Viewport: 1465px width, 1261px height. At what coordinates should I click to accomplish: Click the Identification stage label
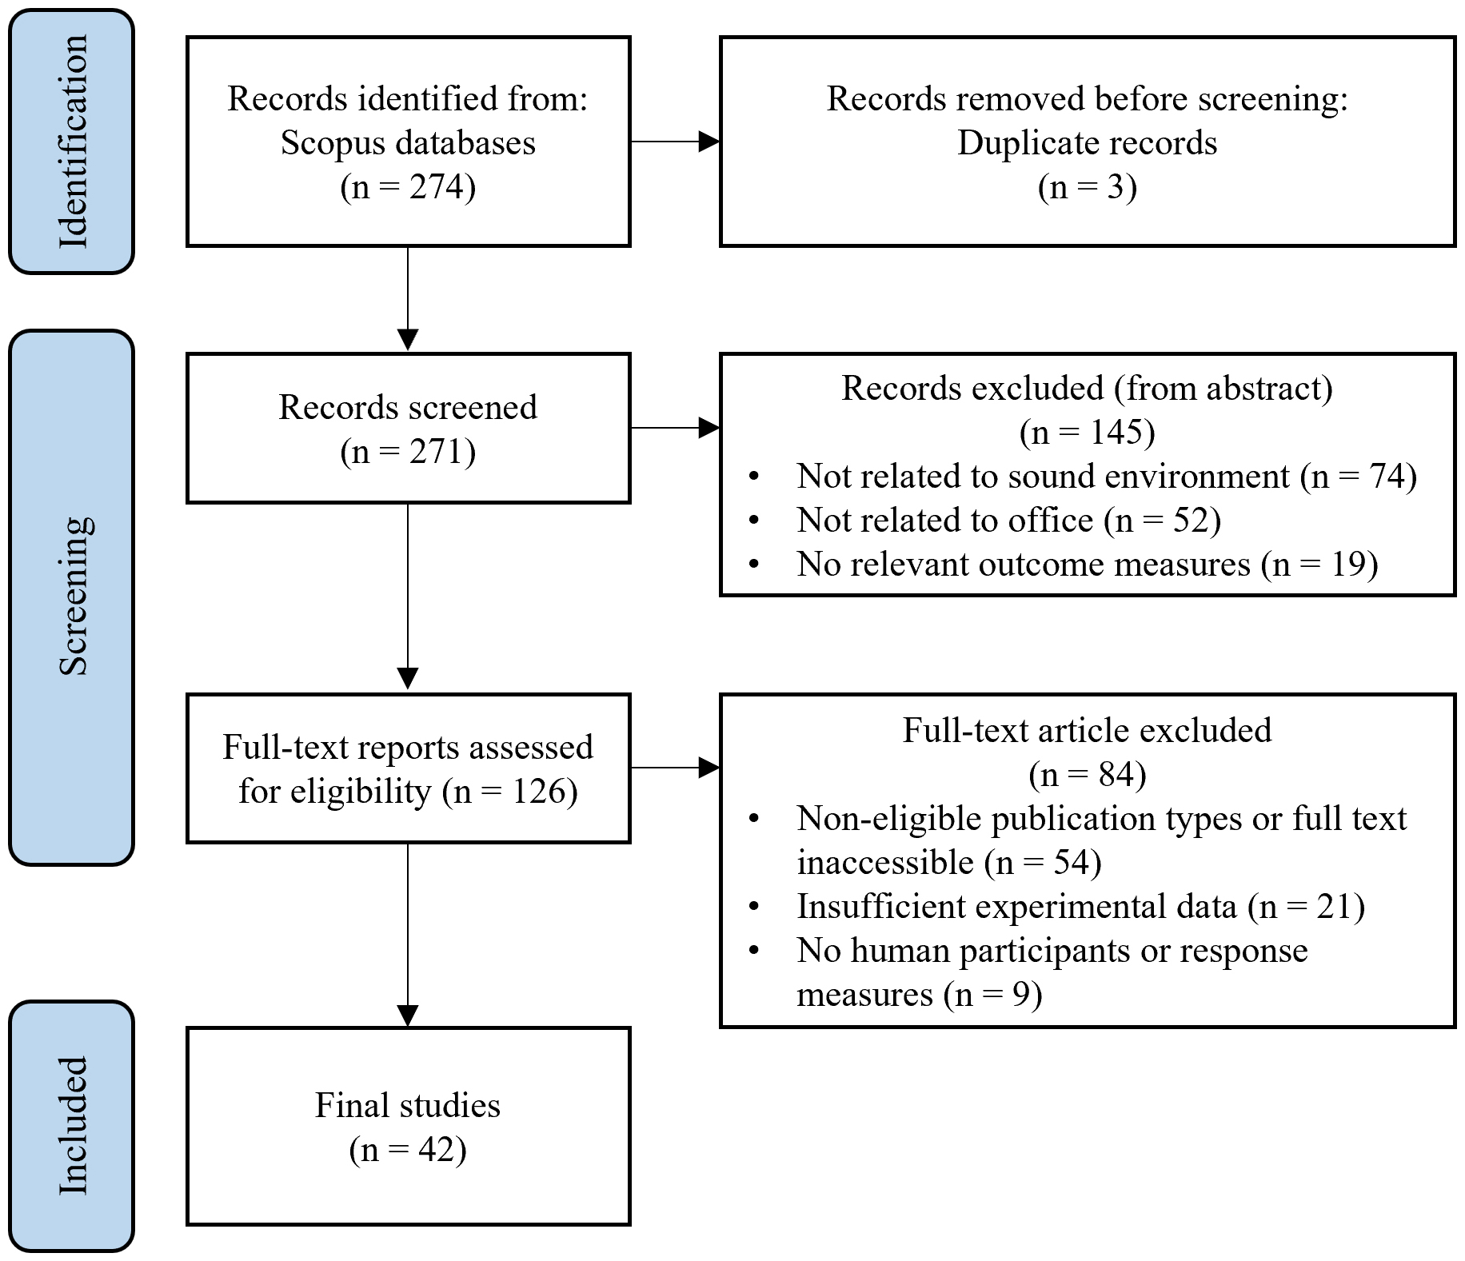(x=72, y=142)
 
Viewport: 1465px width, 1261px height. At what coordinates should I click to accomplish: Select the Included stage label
(x=72, y=1126)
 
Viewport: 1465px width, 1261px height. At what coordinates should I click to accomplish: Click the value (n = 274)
(x=408, y=187)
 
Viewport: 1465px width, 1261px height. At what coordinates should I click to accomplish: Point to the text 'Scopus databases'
(x=408, y=143)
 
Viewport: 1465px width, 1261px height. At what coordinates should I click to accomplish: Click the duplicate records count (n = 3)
(x=1088, y=187)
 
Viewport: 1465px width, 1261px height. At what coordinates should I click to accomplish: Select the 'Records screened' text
(x=408, y=407)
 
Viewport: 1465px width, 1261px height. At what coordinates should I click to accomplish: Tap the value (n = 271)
(x=408, y=452)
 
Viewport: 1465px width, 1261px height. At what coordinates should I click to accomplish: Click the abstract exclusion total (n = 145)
(x=1088, y=433)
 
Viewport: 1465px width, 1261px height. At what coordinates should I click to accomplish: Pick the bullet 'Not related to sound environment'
(x=1043, y=477)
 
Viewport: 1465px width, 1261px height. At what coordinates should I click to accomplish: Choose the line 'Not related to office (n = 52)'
(x=1009, y=521)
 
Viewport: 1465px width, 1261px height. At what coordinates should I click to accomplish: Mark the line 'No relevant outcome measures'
(x=1024, y=565)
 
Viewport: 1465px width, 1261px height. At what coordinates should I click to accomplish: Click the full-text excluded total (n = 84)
(x=1088, y=775)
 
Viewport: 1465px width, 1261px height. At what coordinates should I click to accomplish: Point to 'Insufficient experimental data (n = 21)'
(x=1081, y=907)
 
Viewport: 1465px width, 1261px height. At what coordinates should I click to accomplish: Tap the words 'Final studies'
(x=408, y=1106)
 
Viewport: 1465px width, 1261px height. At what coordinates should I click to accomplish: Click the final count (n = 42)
(x=408, y=1150)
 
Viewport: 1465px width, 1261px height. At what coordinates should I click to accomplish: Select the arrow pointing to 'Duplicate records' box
(x=676, y=142)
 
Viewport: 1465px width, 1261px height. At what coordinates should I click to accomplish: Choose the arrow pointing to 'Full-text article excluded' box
(x=676, y=768)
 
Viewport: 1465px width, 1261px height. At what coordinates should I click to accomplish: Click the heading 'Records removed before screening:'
(x=1088, y=99)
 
